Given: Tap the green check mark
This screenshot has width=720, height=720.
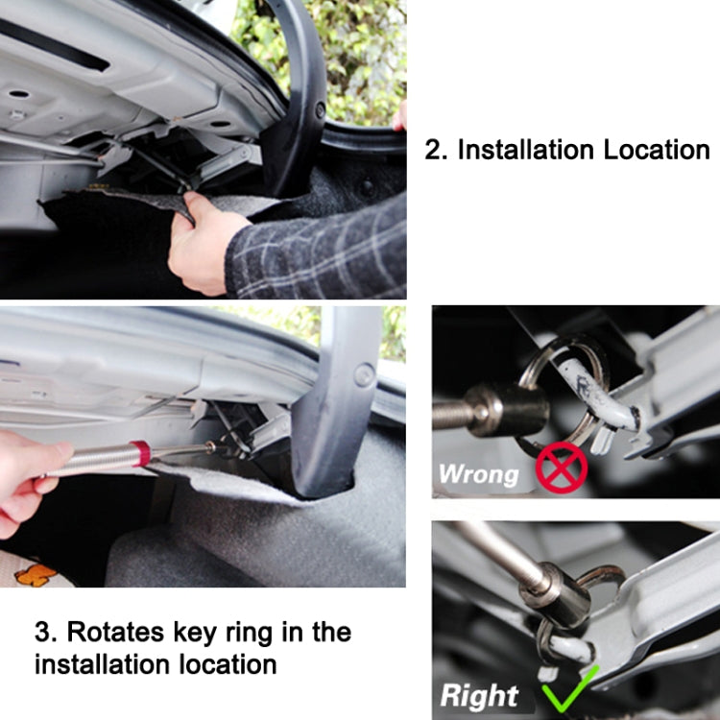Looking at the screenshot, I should coord(567,688).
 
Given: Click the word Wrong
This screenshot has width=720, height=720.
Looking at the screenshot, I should coord(478,473).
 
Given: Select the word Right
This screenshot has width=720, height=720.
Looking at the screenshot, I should coord(479,695).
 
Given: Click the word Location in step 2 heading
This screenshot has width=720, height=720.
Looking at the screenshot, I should coord(657,150).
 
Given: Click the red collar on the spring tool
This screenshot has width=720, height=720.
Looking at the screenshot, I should coord(141,454).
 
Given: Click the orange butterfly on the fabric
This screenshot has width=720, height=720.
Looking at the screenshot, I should coord(36,573).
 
